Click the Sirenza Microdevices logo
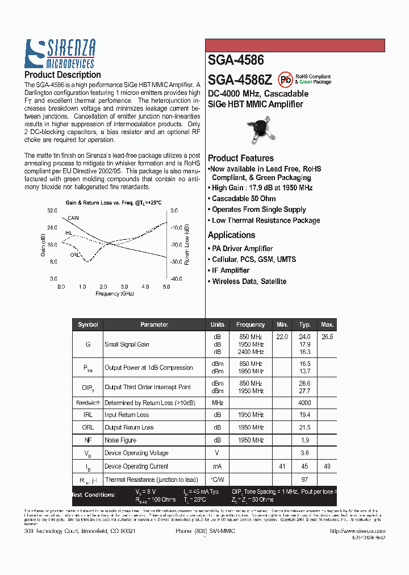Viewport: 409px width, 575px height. coord(60,54)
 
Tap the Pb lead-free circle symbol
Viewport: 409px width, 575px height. coord(285,79)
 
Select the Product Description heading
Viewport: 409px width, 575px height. coord(62,75)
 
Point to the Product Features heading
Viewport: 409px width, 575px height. coord(240,159)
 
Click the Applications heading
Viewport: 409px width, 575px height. coord(231,235)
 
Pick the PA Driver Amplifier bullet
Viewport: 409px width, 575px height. coord(242,249)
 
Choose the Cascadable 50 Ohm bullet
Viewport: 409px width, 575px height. coord(244,199)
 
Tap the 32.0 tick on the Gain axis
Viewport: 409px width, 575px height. coord(52,210)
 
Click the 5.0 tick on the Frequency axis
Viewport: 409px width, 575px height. coord(166,287)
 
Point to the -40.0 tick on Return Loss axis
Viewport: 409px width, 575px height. coord(175,279)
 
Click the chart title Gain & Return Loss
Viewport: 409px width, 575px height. coord(114,203)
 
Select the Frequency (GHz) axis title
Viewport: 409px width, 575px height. coord(115,294)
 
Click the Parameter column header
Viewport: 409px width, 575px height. coord(154,324)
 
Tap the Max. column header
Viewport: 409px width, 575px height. coord(327,324)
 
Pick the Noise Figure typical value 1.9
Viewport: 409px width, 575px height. coord(304,440)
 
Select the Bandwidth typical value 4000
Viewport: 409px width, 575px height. coord(304,403)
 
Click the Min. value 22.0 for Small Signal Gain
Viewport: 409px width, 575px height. coord(282,337)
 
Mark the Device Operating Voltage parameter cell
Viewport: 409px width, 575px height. coord(136,453)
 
